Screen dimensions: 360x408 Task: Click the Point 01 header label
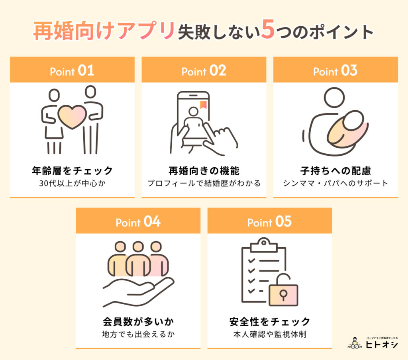[72, 71]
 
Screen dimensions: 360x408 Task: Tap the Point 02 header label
[204, 71]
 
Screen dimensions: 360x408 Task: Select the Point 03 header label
[335, 71]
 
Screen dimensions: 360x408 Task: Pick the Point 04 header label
[138, 222]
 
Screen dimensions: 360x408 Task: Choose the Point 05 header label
[269, 222]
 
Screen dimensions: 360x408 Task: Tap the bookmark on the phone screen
[203, 105]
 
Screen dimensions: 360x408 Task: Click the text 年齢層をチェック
[72, 171]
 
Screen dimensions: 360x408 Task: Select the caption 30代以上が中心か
[72, 184]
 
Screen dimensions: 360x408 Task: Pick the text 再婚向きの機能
[204, 171]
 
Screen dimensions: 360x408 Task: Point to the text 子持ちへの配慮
[335, 171]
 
